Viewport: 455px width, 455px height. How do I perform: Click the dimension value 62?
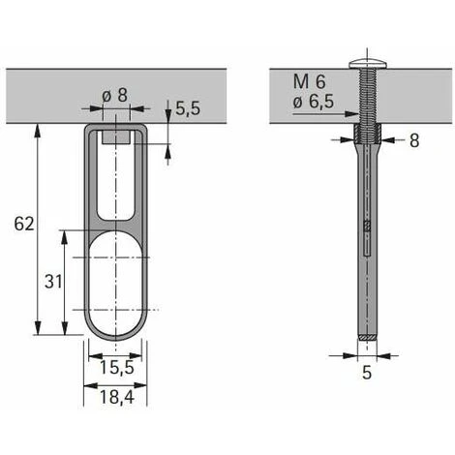[25, 224]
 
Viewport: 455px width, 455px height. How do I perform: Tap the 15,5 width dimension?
[115, 369]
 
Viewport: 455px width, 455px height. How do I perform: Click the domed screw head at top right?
[370, 62]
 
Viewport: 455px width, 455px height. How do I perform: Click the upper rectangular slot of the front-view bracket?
[115, 184]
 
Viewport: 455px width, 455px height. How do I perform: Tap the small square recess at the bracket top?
[115, 138]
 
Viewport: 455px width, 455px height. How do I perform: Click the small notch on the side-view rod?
[367, 227]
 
